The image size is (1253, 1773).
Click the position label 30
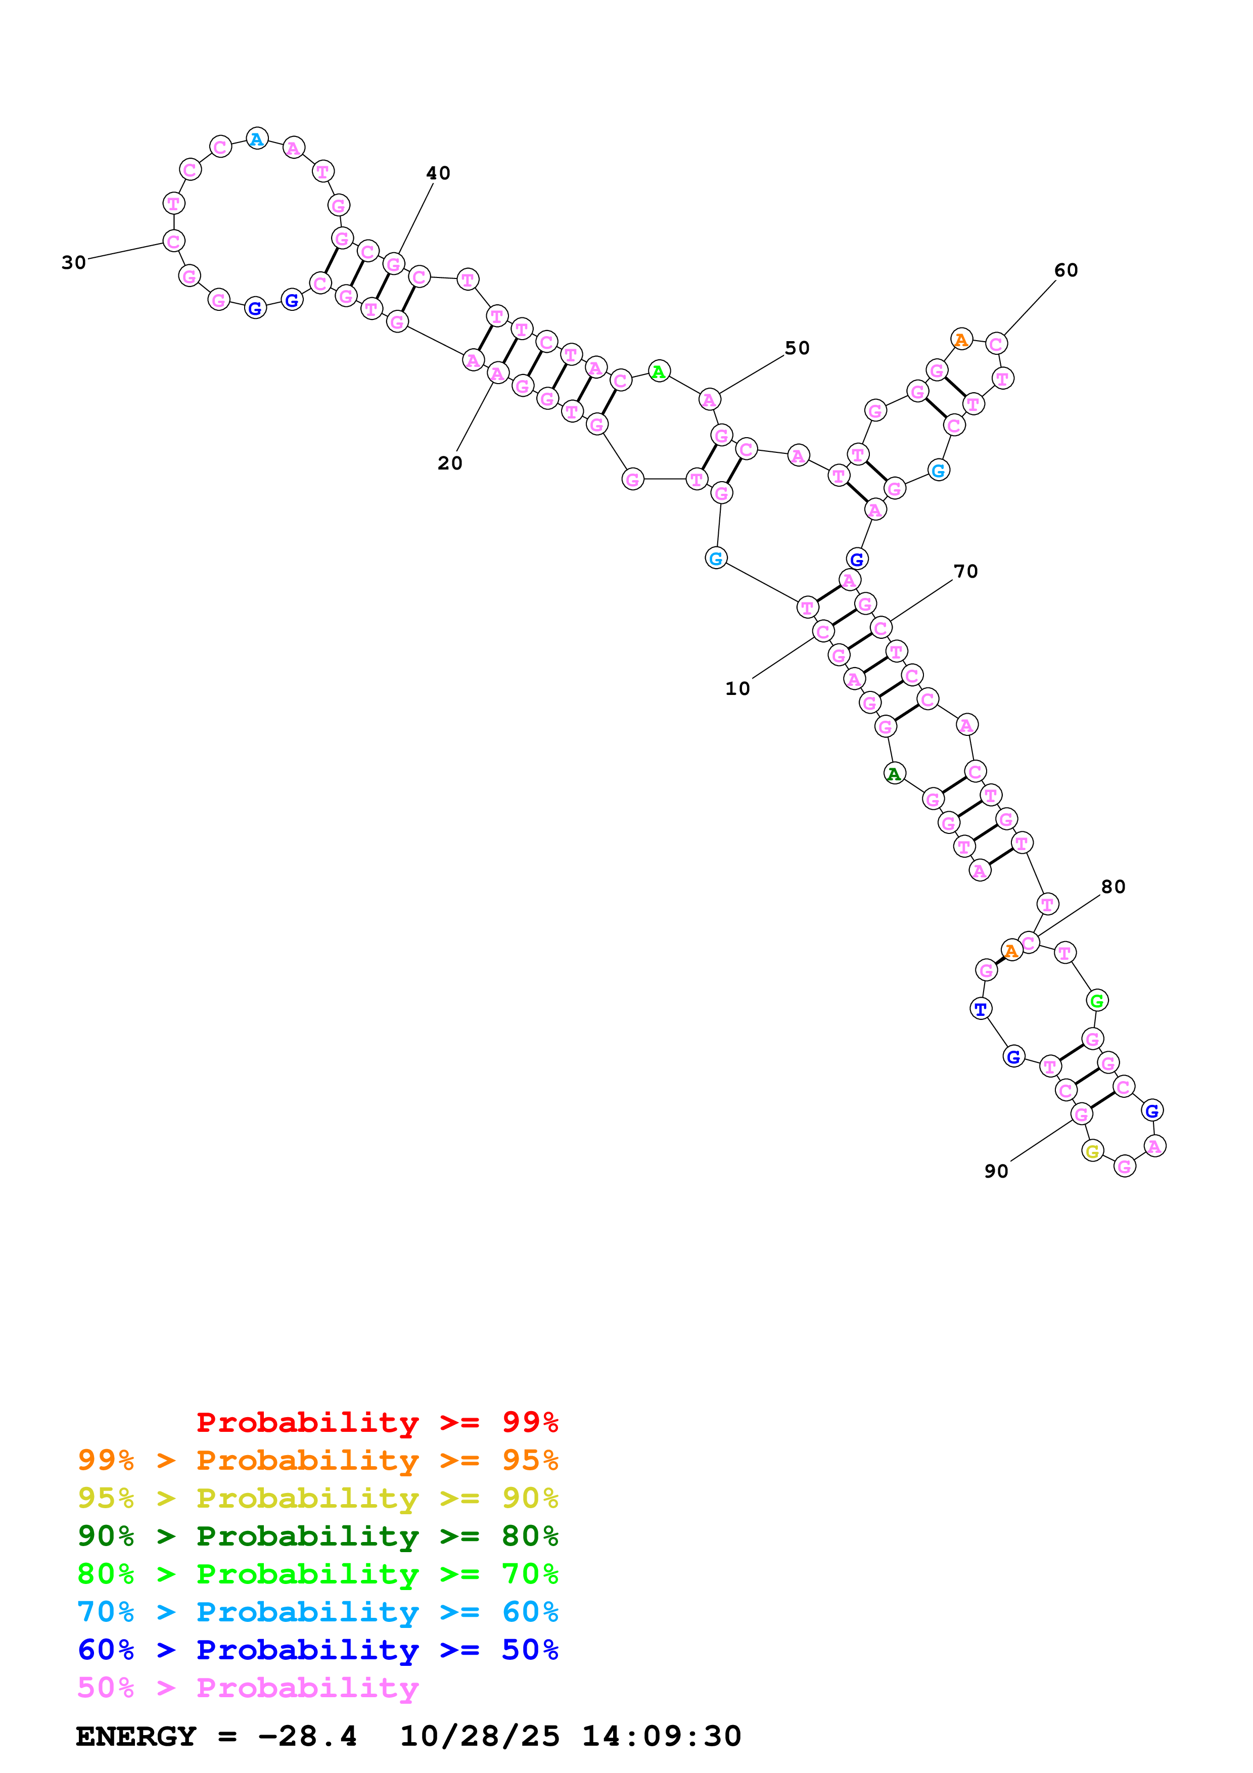(74, 262)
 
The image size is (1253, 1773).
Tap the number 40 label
(439, 173)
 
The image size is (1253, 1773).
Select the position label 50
(798, 348)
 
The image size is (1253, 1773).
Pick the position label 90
(996, 1172)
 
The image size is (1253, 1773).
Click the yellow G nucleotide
(1092, 1151)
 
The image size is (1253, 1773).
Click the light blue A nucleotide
(257, 139)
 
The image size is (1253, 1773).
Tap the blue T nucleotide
(981, 1008)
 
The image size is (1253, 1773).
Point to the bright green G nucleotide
(1097, 1001)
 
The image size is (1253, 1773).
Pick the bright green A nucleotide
(659, 371)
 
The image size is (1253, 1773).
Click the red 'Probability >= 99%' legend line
(377, 1422)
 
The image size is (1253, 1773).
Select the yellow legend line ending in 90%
(317, 1498)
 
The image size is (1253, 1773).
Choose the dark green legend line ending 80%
(317, 1536)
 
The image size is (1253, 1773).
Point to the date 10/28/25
(480, 1736)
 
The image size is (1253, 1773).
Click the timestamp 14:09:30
(662, 1736)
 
